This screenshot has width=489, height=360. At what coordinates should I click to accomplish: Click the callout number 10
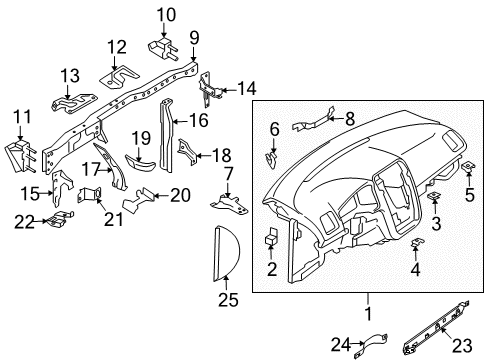point(166,15)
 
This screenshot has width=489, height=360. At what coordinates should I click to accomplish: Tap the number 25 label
point(228,300)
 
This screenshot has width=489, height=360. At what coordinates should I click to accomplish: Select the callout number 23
point(462,346)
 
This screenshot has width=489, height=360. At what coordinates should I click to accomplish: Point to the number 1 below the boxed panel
point(368,314)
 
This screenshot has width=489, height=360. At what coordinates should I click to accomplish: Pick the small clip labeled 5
point(469,166)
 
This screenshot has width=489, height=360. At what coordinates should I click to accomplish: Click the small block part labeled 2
point(271,237)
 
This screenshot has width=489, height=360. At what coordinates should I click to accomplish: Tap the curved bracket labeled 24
point(374,344)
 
